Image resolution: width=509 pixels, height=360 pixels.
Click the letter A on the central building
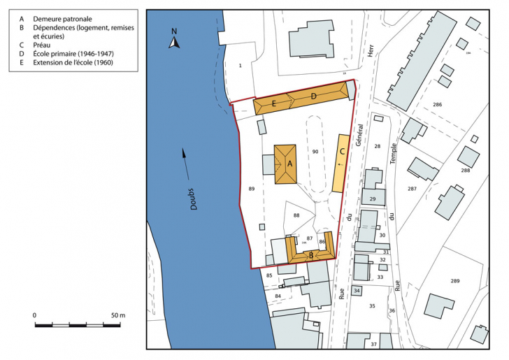(289, 164)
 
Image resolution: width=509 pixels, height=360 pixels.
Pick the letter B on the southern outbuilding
(311, 255)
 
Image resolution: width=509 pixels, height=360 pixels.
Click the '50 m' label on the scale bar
(117, 315)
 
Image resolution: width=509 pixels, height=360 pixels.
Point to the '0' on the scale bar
(34, 315)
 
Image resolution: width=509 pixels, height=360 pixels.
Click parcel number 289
(455, 280)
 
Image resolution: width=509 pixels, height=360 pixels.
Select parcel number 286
(437, 105)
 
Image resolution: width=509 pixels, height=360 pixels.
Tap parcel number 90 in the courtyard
(315, 152)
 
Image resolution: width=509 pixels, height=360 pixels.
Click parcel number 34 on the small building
(357, 290)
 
